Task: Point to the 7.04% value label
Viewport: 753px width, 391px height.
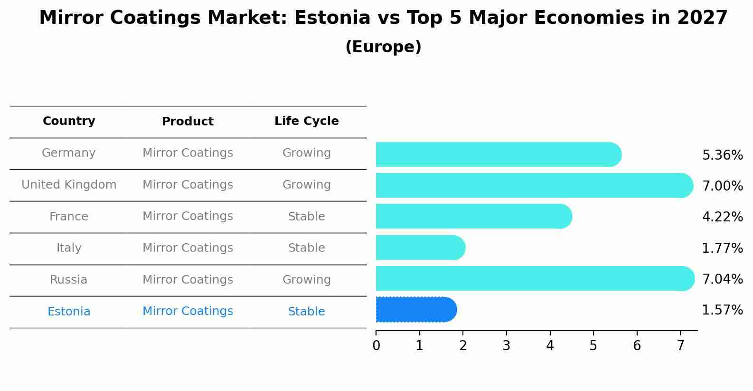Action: click(722, 279)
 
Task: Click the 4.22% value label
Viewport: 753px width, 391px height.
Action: click(722, 217)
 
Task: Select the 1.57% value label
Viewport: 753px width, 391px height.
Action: click(722, 310)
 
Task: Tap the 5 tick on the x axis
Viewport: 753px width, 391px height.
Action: click(593, 346)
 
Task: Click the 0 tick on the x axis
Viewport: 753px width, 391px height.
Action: click(376, 346)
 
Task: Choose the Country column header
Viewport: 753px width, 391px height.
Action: click(69, 121)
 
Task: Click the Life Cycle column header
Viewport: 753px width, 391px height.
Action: click(306, 121)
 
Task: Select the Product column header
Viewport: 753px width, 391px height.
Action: click(188, 122)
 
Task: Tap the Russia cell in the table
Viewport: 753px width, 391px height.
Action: click(69, 280)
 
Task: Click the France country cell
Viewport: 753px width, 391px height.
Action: click(69, 217)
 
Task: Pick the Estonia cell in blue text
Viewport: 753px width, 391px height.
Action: click(69, 312)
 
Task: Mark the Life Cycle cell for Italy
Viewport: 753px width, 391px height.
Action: click(306, 248)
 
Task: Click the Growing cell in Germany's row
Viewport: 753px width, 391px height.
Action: click(306, 153)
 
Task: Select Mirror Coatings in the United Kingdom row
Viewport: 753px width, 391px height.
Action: click(188, 185)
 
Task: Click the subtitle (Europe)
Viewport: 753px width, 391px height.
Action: click(383, 47)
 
